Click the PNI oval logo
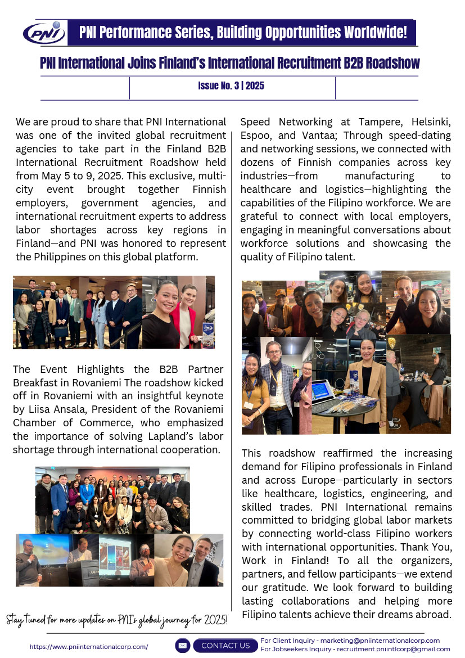[x=44, y=33]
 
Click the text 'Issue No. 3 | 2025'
[x=231, y=86]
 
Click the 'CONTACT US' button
[x=225, y=646]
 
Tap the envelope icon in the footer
[x=183, y=646]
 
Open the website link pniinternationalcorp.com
[x=89, y=647]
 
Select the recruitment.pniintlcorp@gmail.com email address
[x=393, y=649]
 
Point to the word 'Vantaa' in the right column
[x=328, y=136]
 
